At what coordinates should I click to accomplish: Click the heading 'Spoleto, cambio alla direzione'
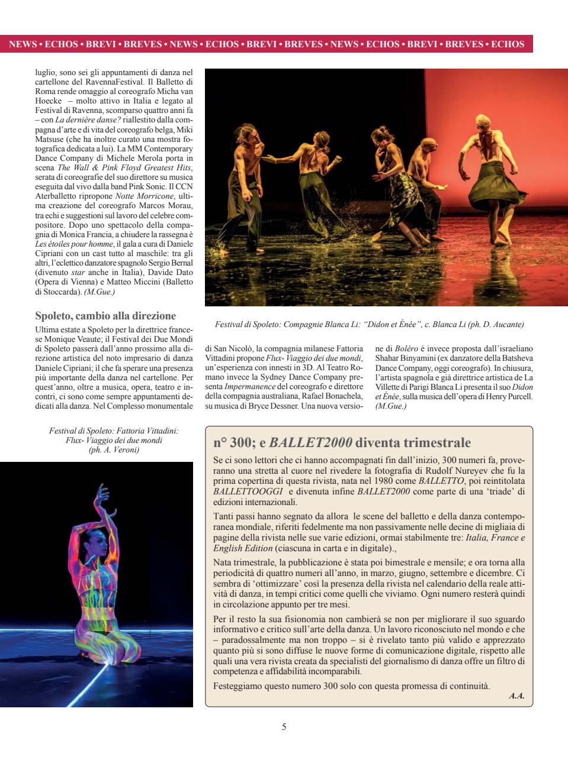(105, 316)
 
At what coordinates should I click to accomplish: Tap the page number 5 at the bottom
(284, 727)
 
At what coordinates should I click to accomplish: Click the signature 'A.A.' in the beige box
(516, 696)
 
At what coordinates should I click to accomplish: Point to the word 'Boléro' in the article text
(406, 349)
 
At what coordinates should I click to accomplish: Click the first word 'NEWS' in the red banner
(23, 44)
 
